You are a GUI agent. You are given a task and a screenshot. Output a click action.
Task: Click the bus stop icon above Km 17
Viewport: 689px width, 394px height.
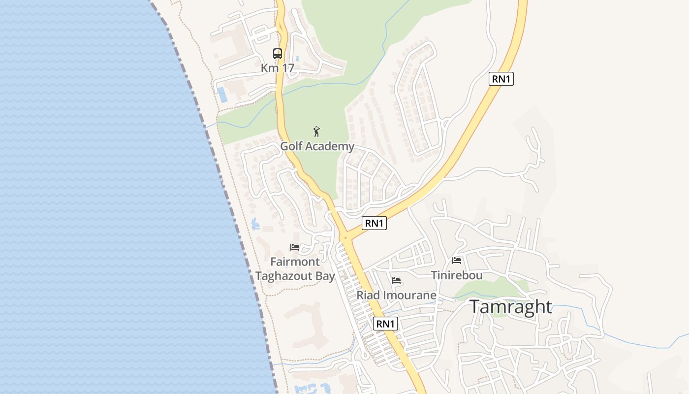278,54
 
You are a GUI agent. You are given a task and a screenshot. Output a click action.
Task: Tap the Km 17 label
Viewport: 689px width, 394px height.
278,68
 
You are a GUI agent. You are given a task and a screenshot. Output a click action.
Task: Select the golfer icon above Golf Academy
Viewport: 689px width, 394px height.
317,131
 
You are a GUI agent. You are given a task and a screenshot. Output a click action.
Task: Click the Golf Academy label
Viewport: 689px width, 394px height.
317,146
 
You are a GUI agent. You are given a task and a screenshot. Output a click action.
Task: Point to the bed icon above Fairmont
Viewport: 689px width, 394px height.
295,247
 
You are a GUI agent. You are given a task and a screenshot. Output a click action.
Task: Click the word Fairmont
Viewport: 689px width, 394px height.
295,262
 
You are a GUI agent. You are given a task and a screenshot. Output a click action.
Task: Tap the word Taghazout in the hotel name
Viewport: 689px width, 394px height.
282,276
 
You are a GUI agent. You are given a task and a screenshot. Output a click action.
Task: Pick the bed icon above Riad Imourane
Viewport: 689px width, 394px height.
396,281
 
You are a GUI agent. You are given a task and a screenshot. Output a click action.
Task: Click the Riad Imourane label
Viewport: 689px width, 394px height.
396,295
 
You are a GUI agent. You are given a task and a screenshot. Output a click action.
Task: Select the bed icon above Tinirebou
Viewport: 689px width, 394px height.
457,261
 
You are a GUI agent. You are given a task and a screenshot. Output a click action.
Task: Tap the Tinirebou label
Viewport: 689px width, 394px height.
457,275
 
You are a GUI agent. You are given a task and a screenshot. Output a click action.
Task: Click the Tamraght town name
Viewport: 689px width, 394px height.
510,307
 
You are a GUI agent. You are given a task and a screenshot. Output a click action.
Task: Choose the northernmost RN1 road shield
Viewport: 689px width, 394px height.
501,79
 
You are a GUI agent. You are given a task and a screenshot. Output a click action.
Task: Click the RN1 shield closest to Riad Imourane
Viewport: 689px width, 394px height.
385,324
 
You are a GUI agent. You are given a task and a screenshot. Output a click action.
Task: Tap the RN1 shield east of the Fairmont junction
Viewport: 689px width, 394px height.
374,223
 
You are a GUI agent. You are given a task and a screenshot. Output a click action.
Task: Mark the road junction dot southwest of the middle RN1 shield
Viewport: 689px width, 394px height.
346,238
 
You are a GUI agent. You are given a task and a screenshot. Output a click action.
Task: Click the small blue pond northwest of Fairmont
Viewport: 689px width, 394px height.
255,225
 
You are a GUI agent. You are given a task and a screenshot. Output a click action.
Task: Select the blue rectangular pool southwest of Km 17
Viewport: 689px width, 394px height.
223,95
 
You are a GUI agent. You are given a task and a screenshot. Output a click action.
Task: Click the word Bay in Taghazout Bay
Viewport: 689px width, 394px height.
323,276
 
